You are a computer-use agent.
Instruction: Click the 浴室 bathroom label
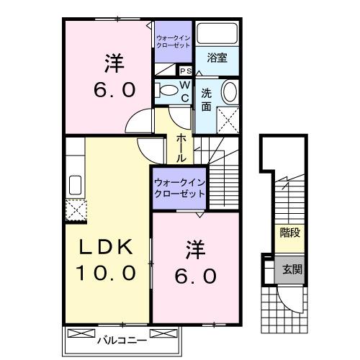point(218,58)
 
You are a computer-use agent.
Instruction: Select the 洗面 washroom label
point(206,98)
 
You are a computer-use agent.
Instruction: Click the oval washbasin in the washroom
point(229,92)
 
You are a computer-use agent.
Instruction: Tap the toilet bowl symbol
point(167,90)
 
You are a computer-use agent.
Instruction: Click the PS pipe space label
point(185,71)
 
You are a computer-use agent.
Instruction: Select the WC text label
point(184,91)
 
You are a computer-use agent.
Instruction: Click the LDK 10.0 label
point(107,259)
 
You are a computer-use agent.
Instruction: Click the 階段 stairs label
point(289,233)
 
